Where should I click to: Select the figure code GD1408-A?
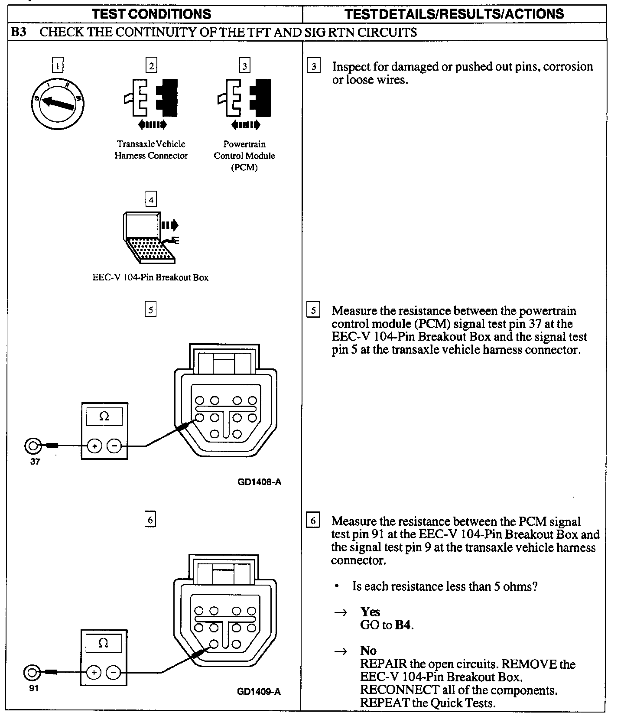point(259,482)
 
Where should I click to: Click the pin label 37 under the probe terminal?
point(35,462)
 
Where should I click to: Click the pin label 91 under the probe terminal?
point(34,688)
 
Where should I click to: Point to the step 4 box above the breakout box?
point(150,200)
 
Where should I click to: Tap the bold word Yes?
point(370,612)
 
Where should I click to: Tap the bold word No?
point(368,651)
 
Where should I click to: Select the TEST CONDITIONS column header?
point(152,14)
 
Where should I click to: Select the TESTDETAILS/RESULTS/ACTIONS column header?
point(454,14)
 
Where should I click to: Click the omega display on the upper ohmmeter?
point(104,417)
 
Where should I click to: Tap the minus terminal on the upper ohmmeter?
point(114,446)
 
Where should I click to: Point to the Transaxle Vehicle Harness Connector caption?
point(151,150)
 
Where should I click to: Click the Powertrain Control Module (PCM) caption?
point(244,156)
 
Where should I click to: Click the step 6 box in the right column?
point(313,520)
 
